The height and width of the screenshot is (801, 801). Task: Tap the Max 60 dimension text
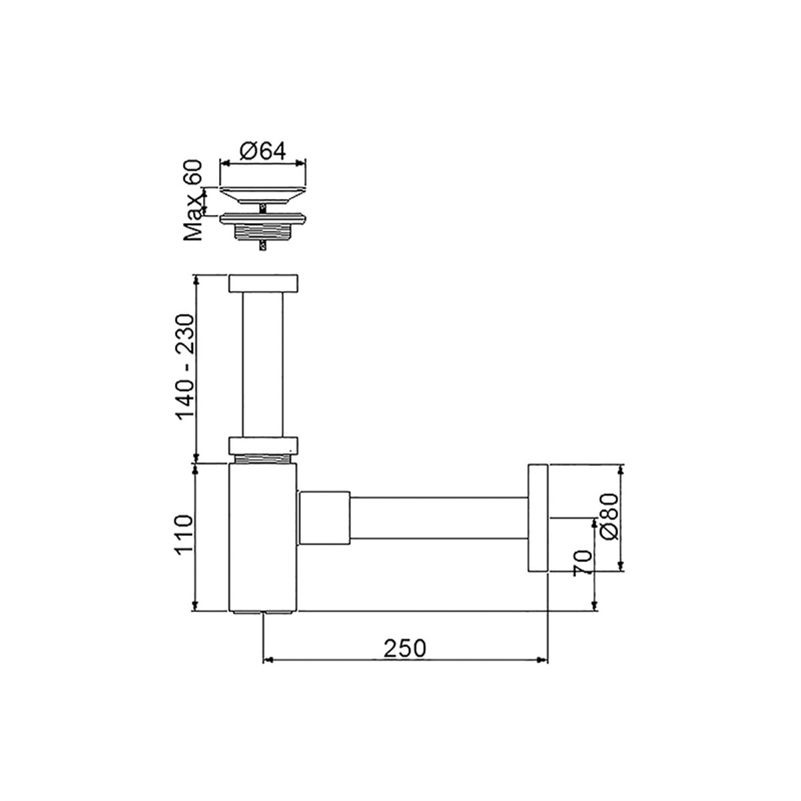tap(194, 200)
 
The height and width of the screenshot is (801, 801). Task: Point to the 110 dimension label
tap(183, 535)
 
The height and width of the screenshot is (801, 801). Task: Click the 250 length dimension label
tap(405, 647)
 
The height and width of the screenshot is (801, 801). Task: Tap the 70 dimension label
tap(583, 563)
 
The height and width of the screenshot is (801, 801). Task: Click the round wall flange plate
tap(537, 517)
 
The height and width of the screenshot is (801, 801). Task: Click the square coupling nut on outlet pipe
tap(324, 518)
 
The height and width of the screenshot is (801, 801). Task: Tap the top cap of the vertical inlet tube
tap(263, 282)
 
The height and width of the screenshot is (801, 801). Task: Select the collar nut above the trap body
tap(263, 445)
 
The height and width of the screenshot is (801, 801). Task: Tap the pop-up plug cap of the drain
tap(263, 194)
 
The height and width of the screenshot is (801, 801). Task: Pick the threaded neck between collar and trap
tap(263, 459)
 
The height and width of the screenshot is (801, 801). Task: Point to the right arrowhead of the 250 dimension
tap(543, 660)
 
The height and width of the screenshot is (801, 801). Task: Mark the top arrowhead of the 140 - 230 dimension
tap(196, 279)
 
